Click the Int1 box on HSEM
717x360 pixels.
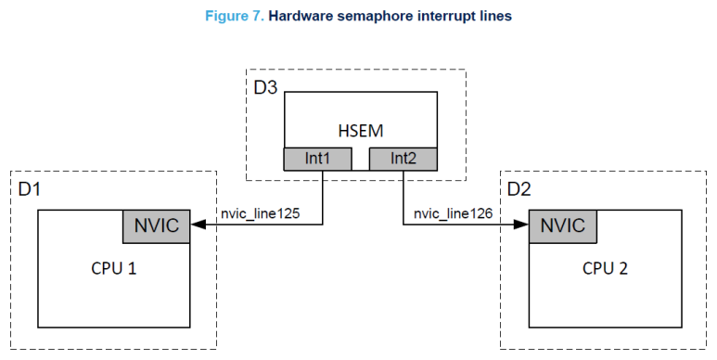pyautogui.click(x=317, y=160)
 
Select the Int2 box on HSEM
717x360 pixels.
pyautogui.click(x=403, y=160)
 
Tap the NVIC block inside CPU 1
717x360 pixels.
pyautogui.click(x=156, y=225)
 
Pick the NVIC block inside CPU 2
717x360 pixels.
pyautogui.click(x=561, y=225)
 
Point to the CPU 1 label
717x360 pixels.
pyautogui.click(x=114, y=269)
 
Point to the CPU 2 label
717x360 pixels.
pyautogui.click(x=605, y=269)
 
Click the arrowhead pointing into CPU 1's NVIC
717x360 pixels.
pyautogui.click(x=197, y=225)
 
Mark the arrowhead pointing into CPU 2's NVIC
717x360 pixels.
pyautogui.click(x=521, y=225)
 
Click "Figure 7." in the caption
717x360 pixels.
pyautogui.click(x=240, y=15)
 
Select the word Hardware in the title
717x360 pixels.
pyautogui.click(x=303, y=15)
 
